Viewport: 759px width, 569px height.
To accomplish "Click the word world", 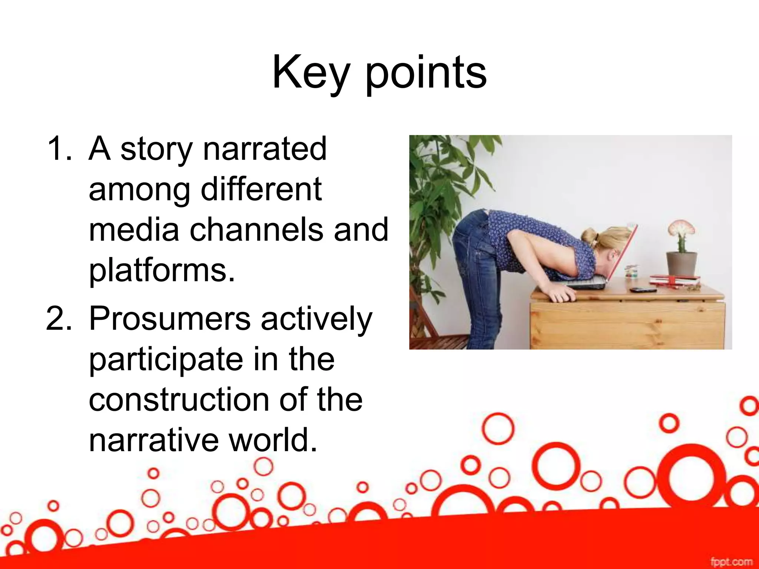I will coord(272,440).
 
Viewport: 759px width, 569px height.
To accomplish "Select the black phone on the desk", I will coord(643,290).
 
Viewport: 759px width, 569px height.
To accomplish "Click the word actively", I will coord(316,319).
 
